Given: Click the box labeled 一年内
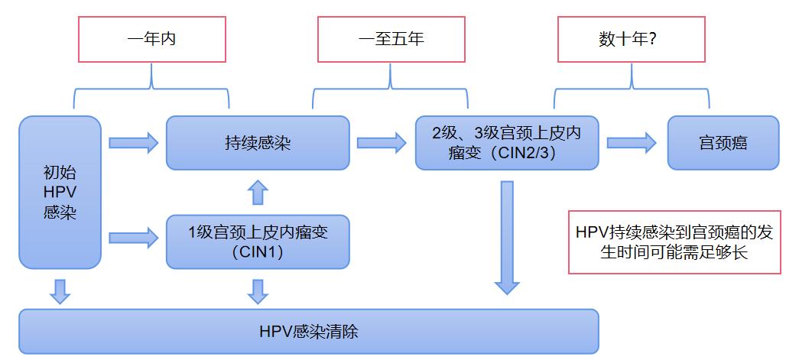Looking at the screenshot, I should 151,39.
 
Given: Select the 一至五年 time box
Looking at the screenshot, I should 391,39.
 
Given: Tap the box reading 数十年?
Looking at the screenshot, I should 632,39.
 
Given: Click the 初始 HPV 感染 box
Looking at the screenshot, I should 60,192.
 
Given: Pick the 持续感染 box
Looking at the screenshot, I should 258,143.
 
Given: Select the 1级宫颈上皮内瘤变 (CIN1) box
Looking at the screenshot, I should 258,242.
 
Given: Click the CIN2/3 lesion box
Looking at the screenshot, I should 506,143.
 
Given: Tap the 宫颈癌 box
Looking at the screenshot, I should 723,143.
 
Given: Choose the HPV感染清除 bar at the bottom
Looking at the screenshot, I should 308,332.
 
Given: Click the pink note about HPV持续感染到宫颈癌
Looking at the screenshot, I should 675,242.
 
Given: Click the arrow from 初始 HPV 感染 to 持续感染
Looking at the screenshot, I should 133,142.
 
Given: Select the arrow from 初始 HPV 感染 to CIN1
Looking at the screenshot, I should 133,237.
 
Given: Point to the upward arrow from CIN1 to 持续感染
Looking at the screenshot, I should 258,193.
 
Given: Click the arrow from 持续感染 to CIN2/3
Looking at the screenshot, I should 381,141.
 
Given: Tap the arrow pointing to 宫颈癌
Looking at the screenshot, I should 632,141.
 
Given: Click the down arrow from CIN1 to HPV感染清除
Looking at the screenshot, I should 258,290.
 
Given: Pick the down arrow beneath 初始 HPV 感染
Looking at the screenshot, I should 60,290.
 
